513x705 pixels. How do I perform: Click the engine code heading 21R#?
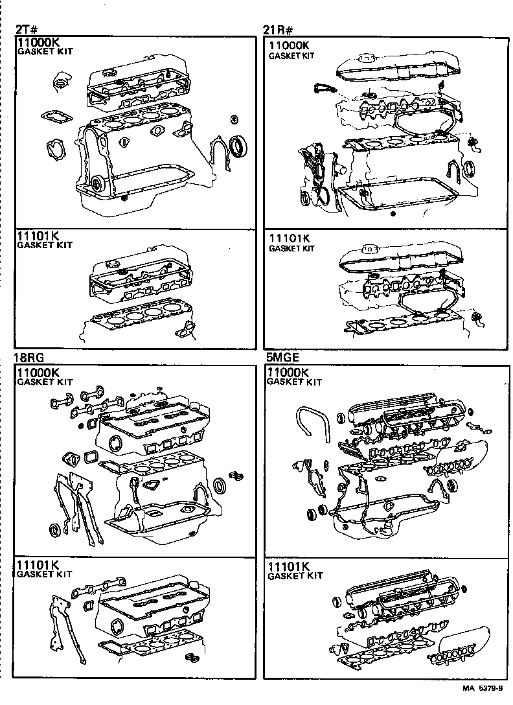coord(279,30)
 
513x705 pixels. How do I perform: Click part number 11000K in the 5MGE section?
coord(289,373)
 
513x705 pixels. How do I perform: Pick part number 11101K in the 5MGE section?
coord(289,566)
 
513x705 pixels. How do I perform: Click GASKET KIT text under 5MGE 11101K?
coord(295,576)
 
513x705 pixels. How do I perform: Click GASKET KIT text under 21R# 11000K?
coord(291,56)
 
